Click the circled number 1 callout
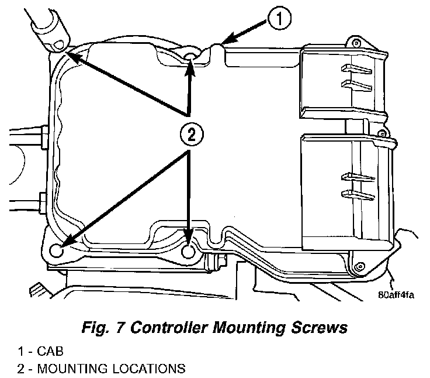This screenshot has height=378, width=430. point(279,20)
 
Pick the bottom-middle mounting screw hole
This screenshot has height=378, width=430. point(189,250)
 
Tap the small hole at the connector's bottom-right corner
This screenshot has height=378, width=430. point(356,264)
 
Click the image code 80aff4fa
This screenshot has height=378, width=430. point(396,294)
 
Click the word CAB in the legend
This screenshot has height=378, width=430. point(47,353)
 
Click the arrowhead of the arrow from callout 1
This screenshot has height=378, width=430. point(226,43)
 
